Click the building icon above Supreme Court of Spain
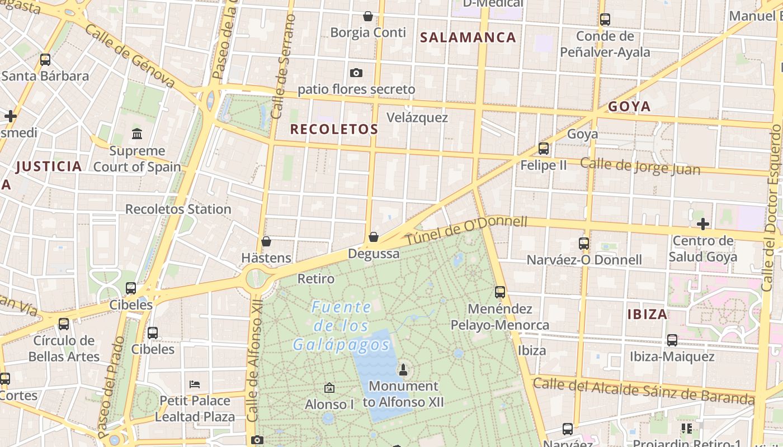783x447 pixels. pos(137,134)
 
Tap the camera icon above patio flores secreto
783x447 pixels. pos(356,73)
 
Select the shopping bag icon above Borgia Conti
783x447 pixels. pos(368,16)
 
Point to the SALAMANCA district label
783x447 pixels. pos(468,37)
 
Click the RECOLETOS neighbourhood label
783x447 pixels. pos(334,129)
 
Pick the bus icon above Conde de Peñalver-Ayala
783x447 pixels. pos(605,20)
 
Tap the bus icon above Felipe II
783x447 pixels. pos(544,148)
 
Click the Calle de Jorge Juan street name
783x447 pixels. pos(640,166)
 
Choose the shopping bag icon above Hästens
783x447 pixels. pos(266,241)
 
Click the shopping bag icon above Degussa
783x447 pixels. pos(374,237)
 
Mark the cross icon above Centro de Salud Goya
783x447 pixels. pos(703,224)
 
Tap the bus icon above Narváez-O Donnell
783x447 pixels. pos(584,243)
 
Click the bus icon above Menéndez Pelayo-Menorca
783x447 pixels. pos(500,292)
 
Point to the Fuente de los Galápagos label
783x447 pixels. pos(341,326)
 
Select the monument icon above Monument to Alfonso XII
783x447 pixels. pos(403,369)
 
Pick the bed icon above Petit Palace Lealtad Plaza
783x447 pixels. pos(195,384)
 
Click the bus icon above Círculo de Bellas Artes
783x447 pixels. pos(64,324)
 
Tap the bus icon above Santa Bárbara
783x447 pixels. pos(45,59)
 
